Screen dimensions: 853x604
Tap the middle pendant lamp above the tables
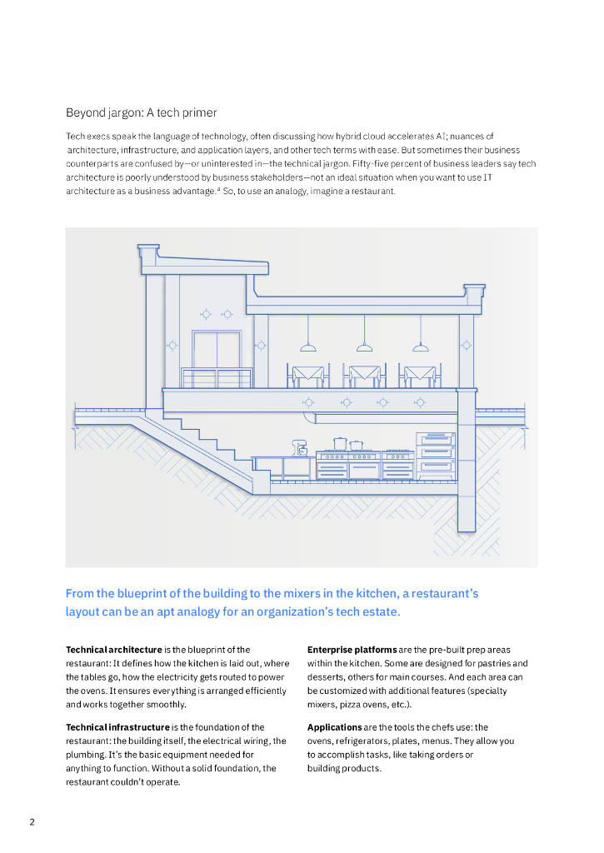[x=364, y=345]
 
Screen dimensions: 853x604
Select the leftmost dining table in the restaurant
[x=308, y=375]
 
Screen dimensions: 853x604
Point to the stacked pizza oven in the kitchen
[x=437, y=454]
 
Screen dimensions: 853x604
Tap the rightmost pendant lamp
[x=421, y=345]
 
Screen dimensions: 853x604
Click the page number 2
[x=32, y=822]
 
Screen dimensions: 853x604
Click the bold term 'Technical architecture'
[x=113, y=650]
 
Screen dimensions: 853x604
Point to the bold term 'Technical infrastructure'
[x=117, y=727]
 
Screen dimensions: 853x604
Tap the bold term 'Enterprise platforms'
[x=352, y=650]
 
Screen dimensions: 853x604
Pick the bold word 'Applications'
[x=334, y=727]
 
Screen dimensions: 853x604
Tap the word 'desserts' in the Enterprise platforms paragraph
[x=325, y=676]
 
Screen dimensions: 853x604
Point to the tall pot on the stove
[x=340, y=444]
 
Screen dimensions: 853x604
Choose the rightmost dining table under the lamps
[x=417, y=375]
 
